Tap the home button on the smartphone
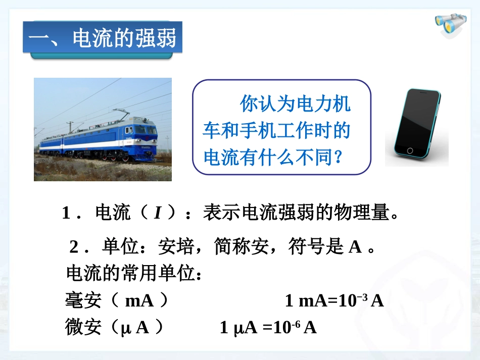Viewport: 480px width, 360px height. pyautogui.click(x=409, y=151)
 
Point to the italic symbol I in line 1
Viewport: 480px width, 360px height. pyautogui.click(x=157, y=214)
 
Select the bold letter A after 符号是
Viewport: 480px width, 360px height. pyautogui.click(x=355, y=247)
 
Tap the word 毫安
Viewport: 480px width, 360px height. pyautogui.click(x=83, y=301)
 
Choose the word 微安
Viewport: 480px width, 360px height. pyautogui.click(x=83, y=328)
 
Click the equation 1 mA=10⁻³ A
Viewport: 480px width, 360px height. pyautogui.click(x=334, y=301)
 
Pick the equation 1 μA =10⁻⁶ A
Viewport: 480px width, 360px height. pyautogui.click(x=268, y=328)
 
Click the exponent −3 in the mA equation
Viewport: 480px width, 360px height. pyautogui.click(x=362, y=297)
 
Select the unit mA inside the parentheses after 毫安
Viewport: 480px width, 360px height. pyautogui.click(x=139, y=301)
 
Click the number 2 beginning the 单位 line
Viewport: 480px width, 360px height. pyautogui.click(x=74, y=247)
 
